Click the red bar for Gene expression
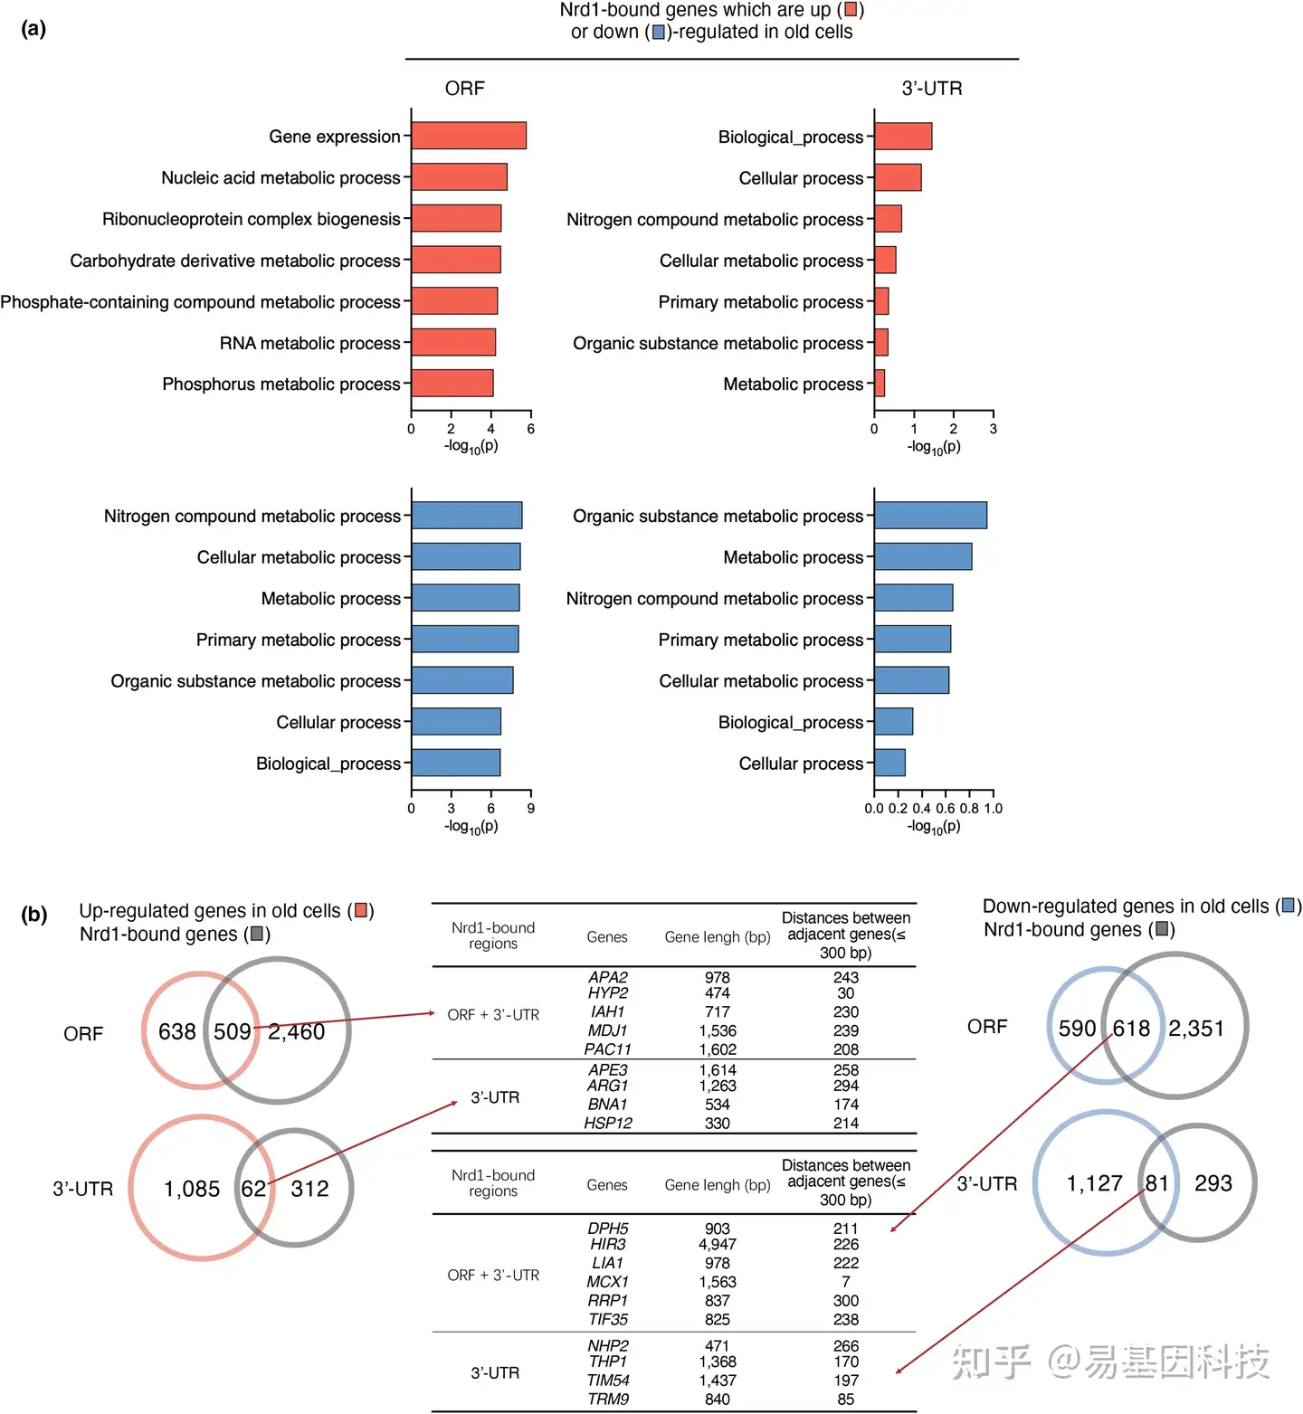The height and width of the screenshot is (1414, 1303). tap(469, 136)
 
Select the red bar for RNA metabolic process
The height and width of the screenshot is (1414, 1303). tap(453, 343)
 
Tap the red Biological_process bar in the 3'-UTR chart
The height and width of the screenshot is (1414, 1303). tap(903, 137)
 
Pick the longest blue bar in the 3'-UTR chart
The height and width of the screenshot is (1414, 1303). tap(930, 516)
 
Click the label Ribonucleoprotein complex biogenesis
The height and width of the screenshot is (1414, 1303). tap(251, 219)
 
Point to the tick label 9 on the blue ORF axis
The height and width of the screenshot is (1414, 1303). tap(531, 808)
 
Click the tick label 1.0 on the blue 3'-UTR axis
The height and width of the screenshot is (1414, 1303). tap(993, 808)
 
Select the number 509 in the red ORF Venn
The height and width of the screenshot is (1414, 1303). tap(233, 1031)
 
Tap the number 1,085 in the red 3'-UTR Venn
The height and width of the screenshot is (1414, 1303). tap(192, 1189)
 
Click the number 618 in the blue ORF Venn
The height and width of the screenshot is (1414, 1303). tap(1131, 1029)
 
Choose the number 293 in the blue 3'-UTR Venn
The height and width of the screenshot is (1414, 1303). tap(1213, 1183)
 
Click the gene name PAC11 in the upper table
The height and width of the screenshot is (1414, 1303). tap(607, 1049)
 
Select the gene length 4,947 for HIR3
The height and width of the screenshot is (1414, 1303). tap(718, 1245)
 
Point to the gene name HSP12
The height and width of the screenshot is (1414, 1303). tap(608, 1123)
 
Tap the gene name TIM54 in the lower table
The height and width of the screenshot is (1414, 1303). tap(608, 1381)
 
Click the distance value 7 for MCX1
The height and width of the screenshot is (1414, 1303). tap(846, 1282)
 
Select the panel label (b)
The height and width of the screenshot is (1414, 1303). tap(34, 914)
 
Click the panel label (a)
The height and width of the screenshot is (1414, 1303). tap(33, 29)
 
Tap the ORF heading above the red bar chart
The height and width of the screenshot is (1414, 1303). tap(465, 89)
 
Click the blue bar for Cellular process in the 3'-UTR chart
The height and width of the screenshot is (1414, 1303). tap(889, 763)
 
